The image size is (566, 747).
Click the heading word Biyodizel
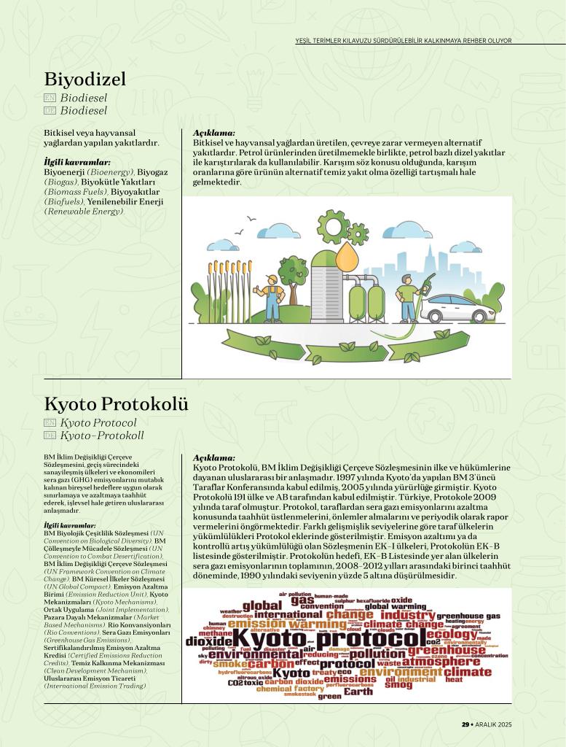pos(85,79)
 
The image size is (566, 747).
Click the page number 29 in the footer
pos(465,724)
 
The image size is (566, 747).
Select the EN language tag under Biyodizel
pos(50,97)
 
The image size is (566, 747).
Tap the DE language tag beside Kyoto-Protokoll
pos(50,436)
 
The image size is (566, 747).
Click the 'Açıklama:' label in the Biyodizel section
pos(214,133)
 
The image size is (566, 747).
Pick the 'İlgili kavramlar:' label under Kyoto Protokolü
pos(70,525)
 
